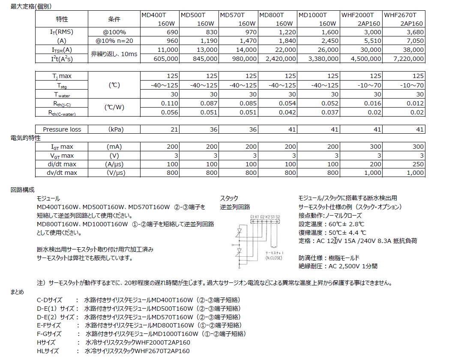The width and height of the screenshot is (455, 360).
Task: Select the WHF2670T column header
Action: (x=403, y=19)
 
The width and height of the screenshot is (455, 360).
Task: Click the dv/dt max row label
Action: (x=62, y=173)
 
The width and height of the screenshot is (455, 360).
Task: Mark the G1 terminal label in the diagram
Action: (x=253, y=217)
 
